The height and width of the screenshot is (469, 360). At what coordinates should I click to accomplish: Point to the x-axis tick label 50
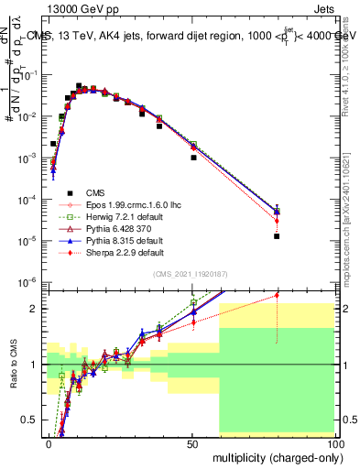[x=192, y=443]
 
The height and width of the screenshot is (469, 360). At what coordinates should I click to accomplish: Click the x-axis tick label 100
[x=333, y=443]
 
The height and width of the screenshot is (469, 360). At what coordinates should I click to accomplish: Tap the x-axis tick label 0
[x=49, y=443]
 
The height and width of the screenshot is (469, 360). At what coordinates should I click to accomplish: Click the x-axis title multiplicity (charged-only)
[x=271, y=456]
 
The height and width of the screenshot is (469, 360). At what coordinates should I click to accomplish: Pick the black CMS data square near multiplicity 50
[x=193, y=158]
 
